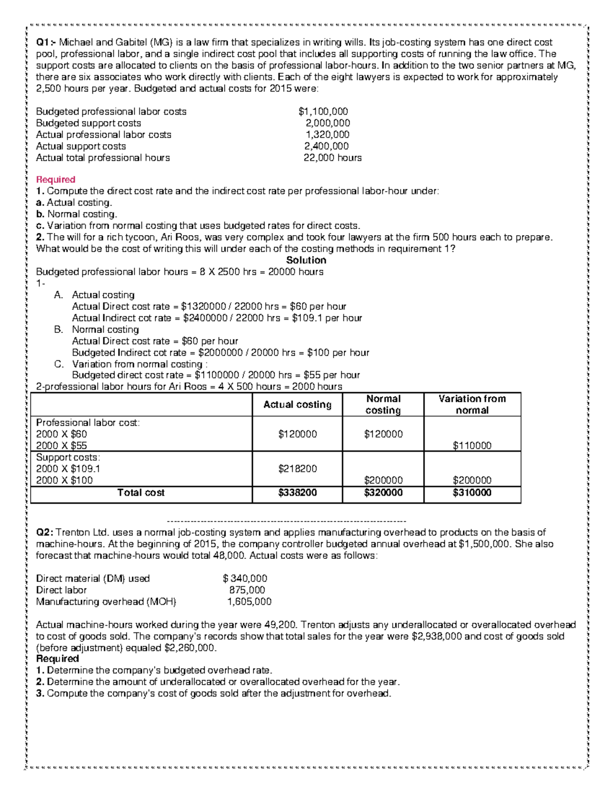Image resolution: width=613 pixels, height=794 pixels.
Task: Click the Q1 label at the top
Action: coord(45,42)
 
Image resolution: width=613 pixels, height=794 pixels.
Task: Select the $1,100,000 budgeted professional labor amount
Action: coord(323,111)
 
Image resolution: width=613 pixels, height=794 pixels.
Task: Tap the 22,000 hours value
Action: coord(332,157)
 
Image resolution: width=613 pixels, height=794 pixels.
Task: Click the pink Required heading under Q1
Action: coord(56,179)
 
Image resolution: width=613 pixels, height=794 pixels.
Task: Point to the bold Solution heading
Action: coord(306,260)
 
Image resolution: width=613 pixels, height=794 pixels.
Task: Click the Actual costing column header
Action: coord(297,404)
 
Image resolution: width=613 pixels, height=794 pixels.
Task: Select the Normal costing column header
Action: coord(383,404)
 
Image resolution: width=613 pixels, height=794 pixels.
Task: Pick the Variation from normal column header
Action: coord(472,404)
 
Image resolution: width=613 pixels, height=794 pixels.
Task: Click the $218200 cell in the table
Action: coord(297,468)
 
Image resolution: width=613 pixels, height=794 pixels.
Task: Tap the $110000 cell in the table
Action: coord(472,445)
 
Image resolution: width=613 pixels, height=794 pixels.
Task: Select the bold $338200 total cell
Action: coord(297,493)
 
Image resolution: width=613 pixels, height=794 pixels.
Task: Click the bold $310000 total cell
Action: coord(472,493)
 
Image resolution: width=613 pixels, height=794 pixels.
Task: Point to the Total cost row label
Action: coord(141,493)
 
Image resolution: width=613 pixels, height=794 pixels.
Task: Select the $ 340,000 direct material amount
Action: coord(245,578)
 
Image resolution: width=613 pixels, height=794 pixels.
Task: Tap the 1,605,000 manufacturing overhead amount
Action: coord(249,602)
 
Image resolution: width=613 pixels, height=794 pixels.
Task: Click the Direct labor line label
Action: coord(61,590)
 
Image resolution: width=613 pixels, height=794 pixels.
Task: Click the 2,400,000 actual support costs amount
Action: coord(327,146)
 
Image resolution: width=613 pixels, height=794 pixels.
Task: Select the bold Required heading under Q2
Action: coord(57,659)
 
